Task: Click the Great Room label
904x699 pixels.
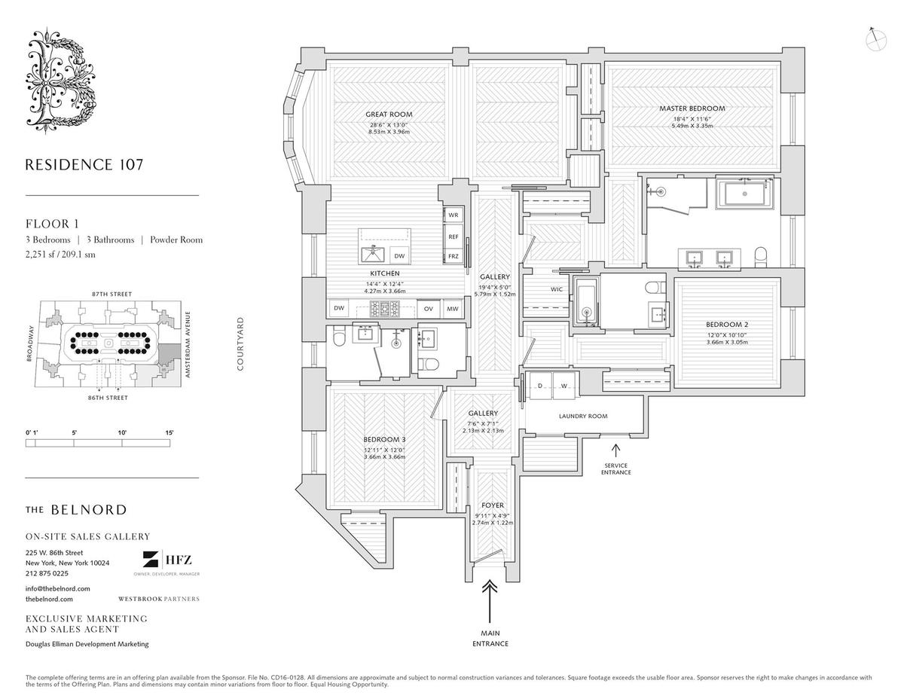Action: (390, 114)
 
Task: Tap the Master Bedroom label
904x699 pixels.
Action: (692, 108)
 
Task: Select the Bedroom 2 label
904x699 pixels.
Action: (727, 324)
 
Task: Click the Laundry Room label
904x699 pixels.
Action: (582, 416)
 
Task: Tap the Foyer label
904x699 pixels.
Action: (493, 505)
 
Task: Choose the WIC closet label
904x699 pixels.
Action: (556, 288)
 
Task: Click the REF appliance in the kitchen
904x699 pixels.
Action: (454, 236)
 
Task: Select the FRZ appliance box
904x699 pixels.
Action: (454, 256)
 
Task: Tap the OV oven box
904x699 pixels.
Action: (428, 308)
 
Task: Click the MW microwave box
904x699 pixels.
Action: (452, 308)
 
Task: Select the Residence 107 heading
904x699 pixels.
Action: (84, 164)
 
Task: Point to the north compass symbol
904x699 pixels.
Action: (875, 38)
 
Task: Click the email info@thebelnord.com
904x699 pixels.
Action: (58, 588)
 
